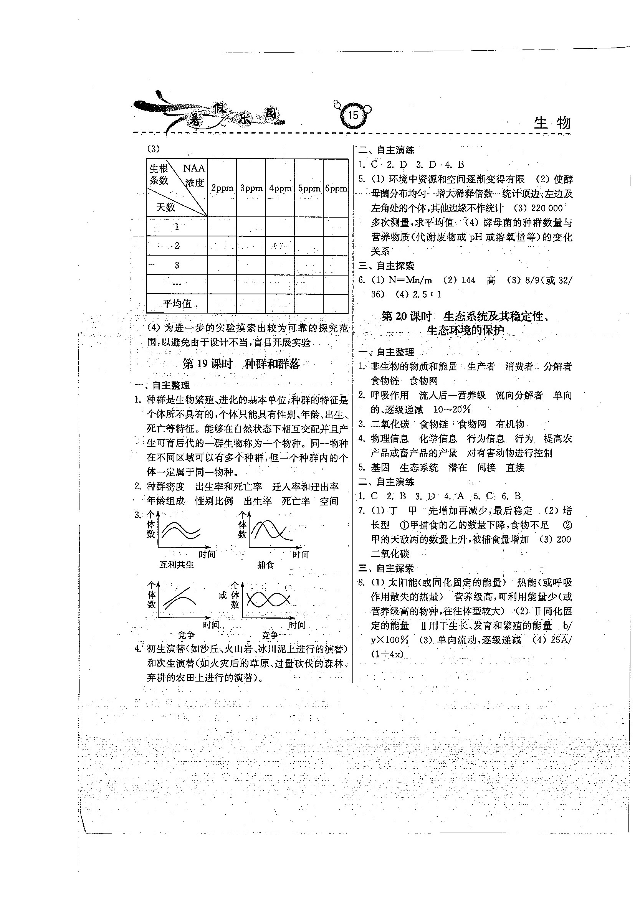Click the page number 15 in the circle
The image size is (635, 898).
coord(353,116)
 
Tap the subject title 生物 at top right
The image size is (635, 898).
coord(552,123)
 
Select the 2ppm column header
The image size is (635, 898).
coord(222,188)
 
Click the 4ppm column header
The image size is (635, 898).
coord(280,188)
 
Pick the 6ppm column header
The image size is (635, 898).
coord(336,188)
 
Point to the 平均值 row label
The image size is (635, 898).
coord(177,304)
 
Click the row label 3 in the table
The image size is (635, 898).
coord(177,265)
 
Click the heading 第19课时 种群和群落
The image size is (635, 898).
coord(241,364)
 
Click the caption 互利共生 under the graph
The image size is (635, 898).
coord(177,565)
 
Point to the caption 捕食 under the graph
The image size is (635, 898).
coord(266,565)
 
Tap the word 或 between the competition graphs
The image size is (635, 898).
coord(223,595)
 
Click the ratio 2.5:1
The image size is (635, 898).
coord(427,294)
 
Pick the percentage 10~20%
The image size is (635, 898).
coord(452,410)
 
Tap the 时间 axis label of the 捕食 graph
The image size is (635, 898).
coord(300,555)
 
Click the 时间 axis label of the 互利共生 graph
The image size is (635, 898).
coord(207,555)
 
